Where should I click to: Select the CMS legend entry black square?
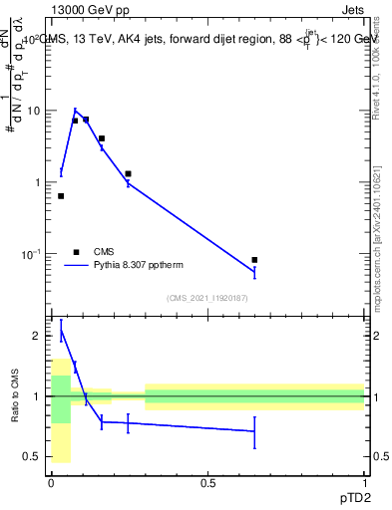76,252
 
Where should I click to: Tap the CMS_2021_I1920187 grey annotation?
207,297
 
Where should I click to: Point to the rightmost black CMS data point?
254,260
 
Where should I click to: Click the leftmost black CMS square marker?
61,196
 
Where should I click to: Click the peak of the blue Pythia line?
75,111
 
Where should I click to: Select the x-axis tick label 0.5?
207,483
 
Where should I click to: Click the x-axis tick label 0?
51,483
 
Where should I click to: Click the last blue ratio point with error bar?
254,431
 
